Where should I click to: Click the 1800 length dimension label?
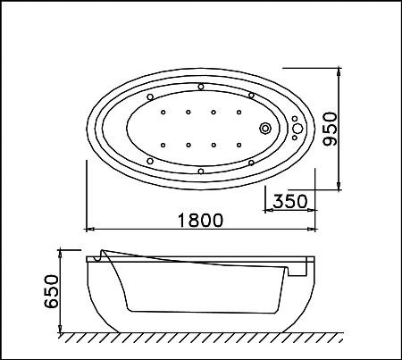tap(200, 220)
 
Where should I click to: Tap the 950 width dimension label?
tap(331, 129)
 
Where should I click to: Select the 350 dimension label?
tap(290, 201)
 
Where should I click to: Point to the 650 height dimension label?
tap(51, 291)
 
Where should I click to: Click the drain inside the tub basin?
tap(264, 129)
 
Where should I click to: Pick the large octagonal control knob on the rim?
tap(297, 129)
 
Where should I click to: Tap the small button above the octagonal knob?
tap(295, 119)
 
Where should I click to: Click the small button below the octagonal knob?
tap(295, 138)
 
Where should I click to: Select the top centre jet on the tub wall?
tap(201, 87)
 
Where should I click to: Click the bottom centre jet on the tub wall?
tap(201, 172)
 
